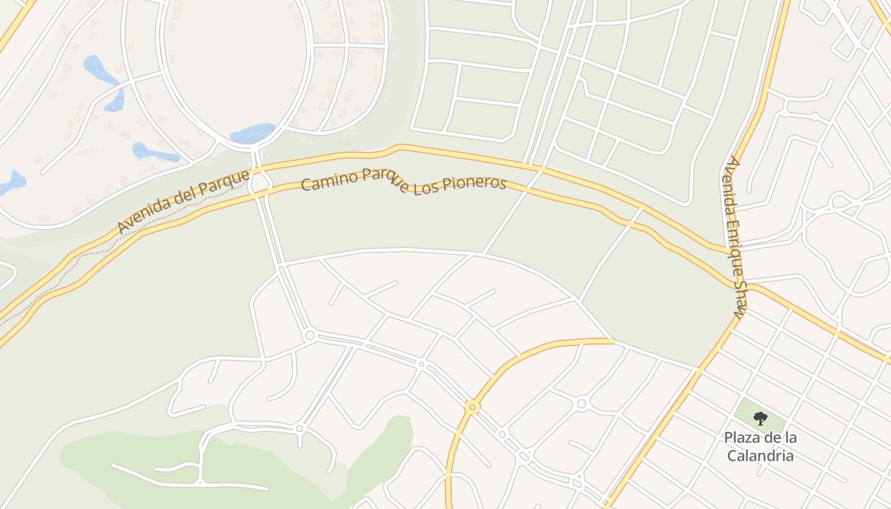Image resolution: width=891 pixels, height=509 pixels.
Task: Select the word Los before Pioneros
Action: [426, 189]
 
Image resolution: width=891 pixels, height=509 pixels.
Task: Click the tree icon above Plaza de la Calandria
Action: [760, 418]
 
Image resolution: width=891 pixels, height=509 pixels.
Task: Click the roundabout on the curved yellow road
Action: [472, 406]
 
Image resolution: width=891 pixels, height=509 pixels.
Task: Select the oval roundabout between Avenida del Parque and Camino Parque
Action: [259, 183]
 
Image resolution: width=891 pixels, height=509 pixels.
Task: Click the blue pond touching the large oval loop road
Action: [253, 133]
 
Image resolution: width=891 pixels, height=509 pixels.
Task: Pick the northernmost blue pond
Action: [98, 67]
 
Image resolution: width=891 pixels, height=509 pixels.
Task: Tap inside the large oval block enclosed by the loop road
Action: [235, 70]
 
